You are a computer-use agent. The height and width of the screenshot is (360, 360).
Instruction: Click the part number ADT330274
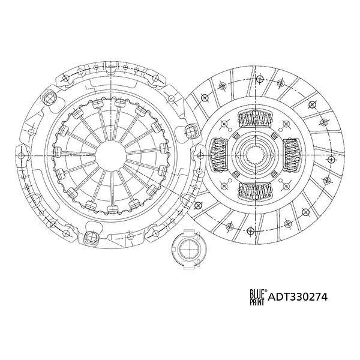point(298,297)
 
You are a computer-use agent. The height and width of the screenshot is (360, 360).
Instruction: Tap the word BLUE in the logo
point(257,293)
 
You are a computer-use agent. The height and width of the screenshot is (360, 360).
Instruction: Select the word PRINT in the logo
point(257,302)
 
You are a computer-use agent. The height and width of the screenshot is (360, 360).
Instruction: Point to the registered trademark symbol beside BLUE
point(266,290)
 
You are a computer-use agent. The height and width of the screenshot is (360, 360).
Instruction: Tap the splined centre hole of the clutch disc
point(256,155)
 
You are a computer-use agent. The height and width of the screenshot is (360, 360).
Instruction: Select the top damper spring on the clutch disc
point(256,119)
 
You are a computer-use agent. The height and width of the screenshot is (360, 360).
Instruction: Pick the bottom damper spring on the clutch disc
point(256,191)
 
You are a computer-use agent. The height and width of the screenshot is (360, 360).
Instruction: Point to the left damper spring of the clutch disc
point(219,155)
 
